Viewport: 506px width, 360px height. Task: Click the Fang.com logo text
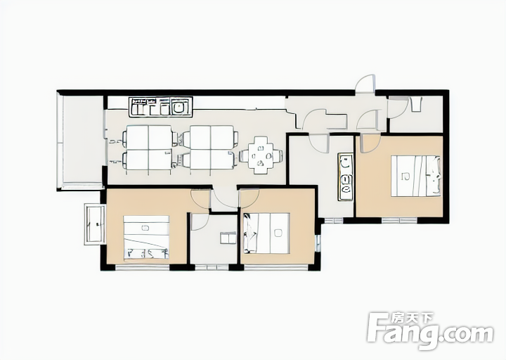431,331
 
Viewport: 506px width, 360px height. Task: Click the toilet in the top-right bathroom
416,104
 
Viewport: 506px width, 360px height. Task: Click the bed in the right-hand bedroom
415,176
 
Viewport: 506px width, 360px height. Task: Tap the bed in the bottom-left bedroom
146,238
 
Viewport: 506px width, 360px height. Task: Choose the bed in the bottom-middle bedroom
266,233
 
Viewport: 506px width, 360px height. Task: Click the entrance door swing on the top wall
365,84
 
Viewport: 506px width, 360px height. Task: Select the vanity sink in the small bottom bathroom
228,238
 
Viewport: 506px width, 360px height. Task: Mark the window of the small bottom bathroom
212,267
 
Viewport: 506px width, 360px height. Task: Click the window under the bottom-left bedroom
142,267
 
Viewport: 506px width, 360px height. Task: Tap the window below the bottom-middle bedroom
276,267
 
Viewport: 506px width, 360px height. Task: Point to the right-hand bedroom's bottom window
399,221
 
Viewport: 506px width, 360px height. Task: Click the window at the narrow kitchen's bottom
334,221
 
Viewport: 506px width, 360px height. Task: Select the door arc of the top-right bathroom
396,107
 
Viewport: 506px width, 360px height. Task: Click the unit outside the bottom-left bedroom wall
95,224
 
